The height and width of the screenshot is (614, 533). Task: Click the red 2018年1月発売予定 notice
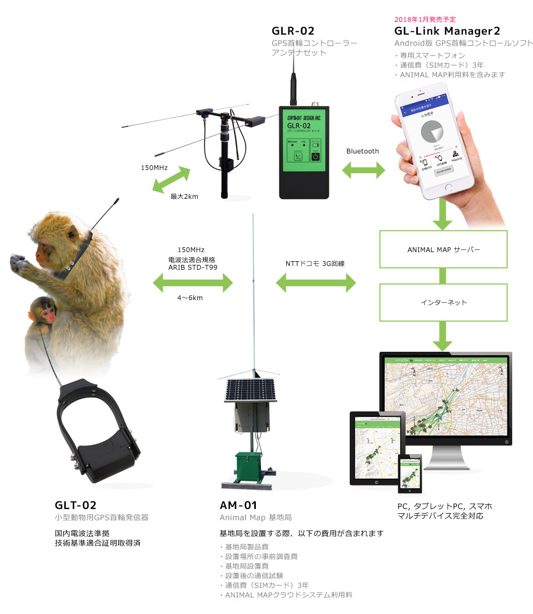click(425, 19)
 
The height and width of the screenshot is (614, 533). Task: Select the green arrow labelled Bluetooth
click(363, 171)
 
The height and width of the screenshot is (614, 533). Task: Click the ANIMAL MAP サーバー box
click(443, 249)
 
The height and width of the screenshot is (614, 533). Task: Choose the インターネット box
click(443, 302)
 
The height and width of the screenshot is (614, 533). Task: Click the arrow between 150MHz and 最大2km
click(171, 179)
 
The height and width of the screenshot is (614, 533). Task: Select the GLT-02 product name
click(76, 505)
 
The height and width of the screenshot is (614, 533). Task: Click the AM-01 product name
click(239, 505)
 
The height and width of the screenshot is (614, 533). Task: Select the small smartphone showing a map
click(410, 473)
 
